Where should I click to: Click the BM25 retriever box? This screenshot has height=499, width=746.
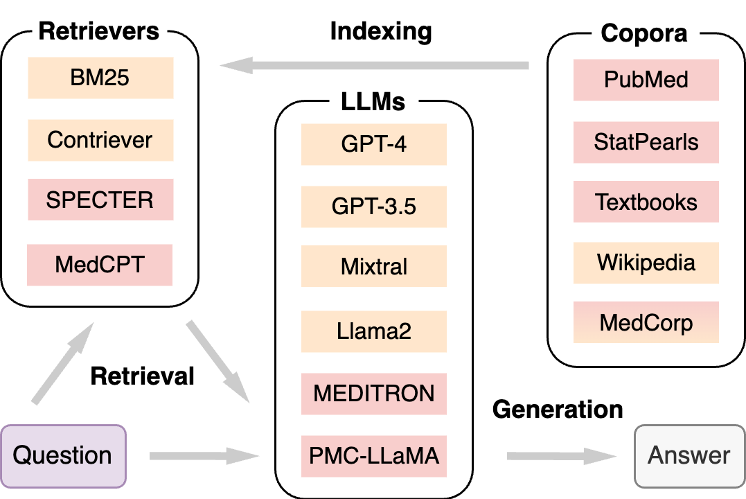(x=100, y=78)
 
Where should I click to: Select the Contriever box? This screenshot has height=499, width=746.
(x=100, y=140)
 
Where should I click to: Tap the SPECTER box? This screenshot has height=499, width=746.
(x=100, y=200)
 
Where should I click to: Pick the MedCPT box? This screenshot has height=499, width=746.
(x=100, y=264)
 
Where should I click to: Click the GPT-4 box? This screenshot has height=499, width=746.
(x=373, y=145)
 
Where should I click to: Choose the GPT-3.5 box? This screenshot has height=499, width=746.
(x=373, y=207)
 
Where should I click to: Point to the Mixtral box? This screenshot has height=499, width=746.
(x=373, y=266)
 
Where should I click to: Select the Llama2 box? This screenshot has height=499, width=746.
(x=373, y=331)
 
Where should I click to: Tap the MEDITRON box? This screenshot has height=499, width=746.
(x=373, y=394)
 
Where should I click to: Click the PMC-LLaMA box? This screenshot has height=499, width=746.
(x=373, y=456)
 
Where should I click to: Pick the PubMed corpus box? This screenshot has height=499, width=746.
(x=646, y=80)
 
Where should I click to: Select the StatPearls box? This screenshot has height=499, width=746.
(x=646, y=142)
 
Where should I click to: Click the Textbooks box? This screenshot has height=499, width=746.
(x=646, y=202)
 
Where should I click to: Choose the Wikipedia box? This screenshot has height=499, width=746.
(x=646, y=263)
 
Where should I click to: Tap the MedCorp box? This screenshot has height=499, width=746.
(x=646, y=323)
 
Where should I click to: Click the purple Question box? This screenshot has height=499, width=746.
(x=63, y=455)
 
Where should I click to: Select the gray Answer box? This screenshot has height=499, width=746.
(x=689, y=455)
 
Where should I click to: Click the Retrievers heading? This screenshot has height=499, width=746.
(x=99, y=31)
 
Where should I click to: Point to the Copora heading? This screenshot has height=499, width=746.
(x=644, y=33)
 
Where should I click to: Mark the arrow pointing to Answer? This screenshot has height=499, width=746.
(x=561, y=456)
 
